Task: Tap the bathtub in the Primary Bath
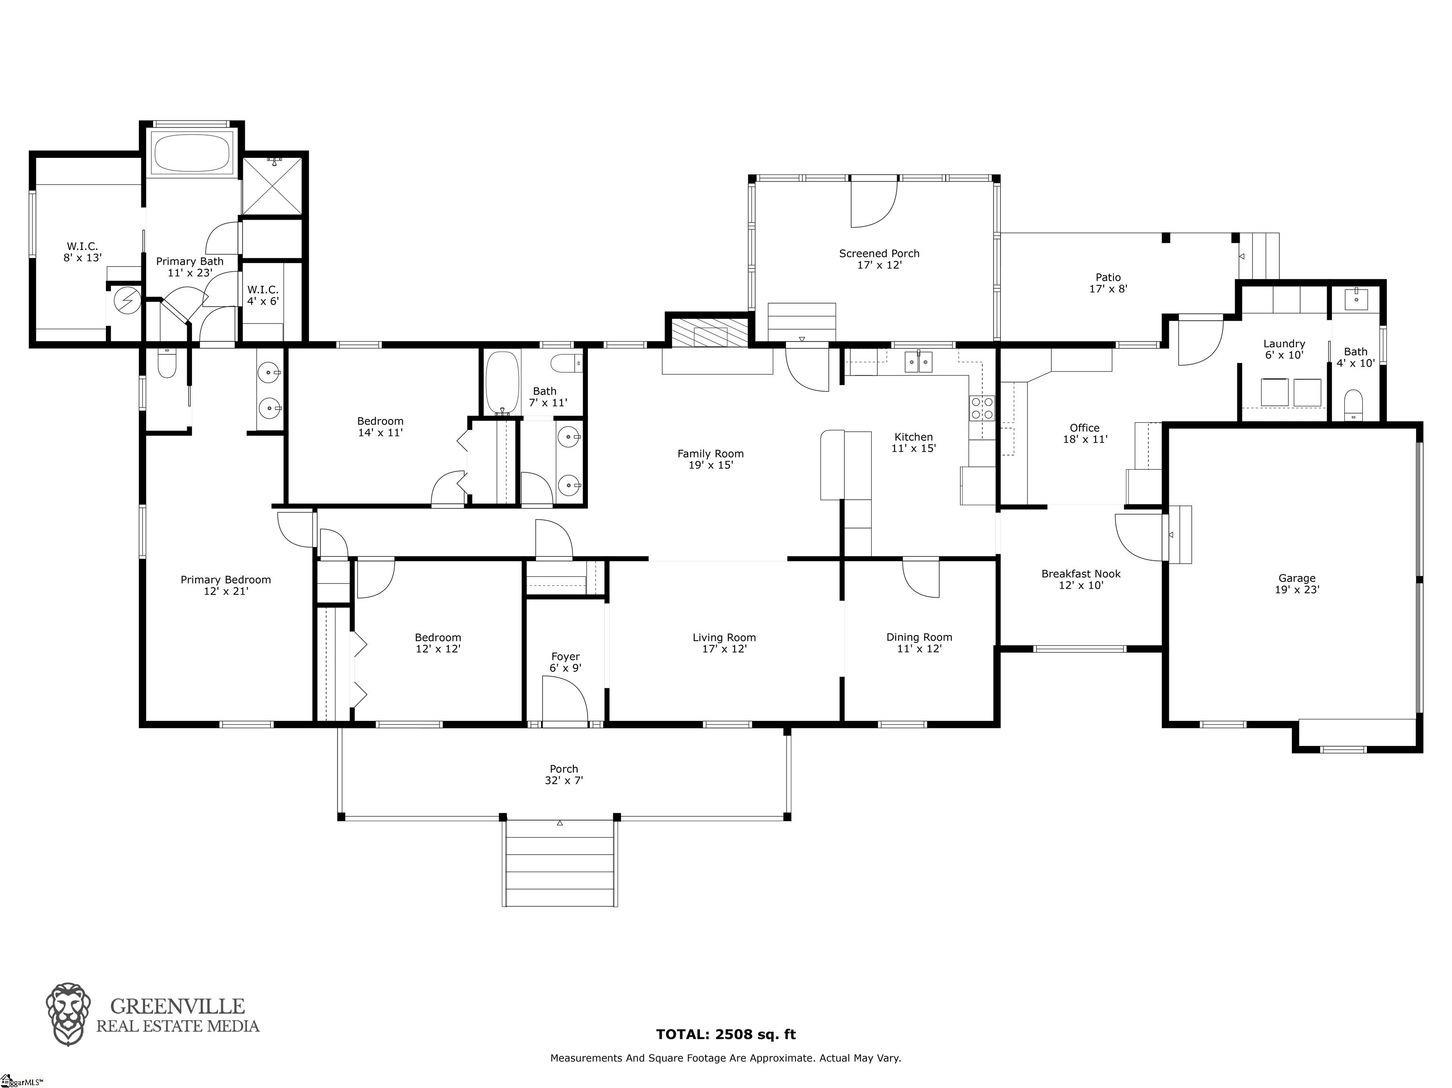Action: pyautogui.click(x=192, y=152)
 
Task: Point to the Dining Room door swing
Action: pyautogui.click(x=921, y=578)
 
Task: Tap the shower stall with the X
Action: pyautogui.click(x=272, y=185)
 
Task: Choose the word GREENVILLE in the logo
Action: pyautogui.click(x=177, y=1006)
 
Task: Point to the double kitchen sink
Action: pyautogui.click(x=919, y=361)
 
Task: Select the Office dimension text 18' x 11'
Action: pyautogui.click(x=1085, y=439)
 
